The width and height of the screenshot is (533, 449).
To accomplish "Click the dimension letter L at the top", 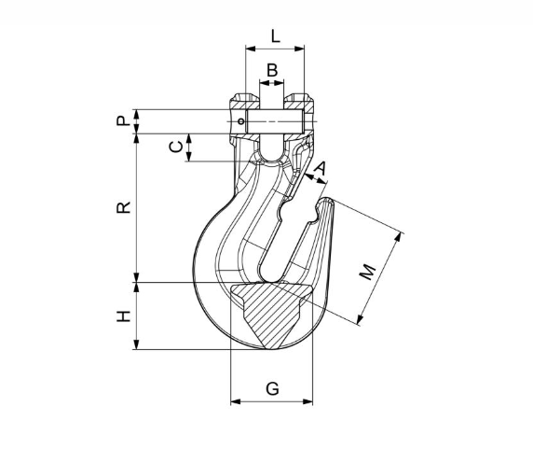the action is pyautogui.click(x=275, y=36).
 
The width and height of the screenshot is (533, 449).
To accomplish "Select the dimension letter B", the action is pyautogui.click(x=272, y=70).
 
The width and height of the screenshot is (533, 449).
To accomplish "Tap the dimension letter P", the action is pyautogui.click(x=123, y=120).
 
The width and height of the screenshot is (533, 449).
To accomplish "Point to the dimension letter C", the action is pyautogui.click(x=176, y=147).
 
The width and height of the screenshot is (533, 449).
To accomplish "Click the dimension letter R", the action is pyautogui.click(x=123, y=207).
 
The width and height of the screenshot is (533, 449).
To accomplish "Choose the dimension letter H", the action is pyautogui.click(x=123, y=316).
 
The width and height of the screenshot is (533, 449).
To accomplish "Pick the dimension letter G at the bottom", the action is pyautogui.click(x=272, y=388).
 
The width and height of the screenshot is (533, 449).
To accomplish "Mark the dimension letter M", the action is pyautogui.click(x=368, y=272).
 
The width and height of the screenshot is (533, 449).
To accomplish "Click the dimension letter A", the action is pyautogui.click(x=320, y=168).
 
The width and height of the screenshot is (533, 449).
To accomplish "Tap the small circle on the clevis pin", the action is pyautogui.click(x=241, y=121).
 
